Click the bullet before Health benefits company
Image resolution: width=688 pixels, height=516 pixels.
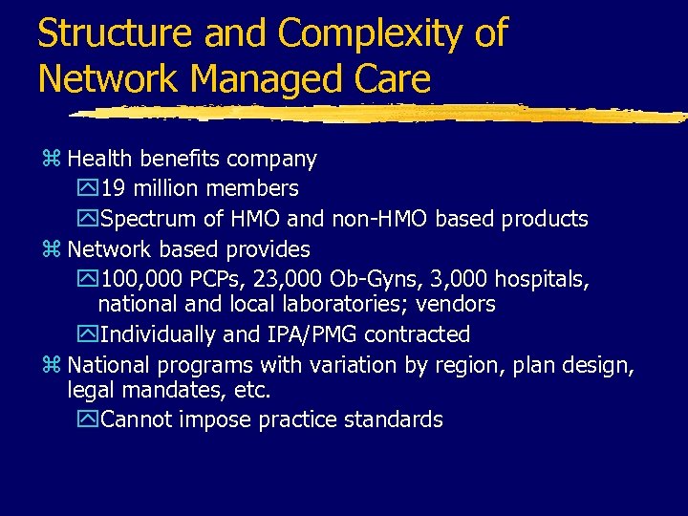coord(55,159)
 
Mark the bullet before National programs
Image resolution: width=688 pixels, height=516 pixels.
coord(55,366)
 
